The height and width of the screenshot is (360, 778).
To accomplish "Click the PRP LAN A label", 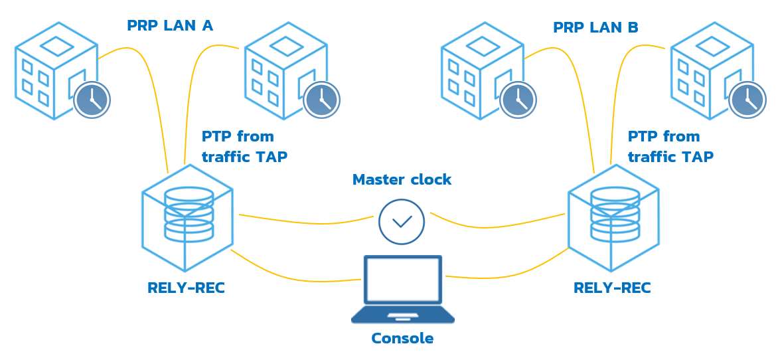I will [x=170, y=26].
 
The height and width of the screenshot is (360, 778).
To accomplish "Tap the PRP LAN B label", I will [x=595, y=28].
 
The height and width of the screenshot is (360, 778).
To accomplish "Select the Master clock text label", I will [x=402, y=179].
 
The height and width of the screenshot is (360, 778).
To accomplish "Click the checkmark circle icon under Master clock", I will [x=402, y=221].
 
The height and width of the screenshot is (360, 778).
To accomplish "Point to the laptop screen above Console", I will [x=402, y=279].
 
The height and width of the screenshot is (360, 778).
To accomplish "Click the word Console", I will [x=402, y=338].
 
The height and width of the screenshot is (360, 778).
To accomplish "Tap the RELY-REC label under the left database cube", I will [x=186, y=288].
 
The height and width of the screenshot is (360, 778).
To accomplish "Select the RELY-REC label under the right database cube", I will [x=612, y=288].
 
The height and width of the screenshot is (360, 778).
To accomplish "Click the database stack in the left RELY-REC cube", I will [x=189, y=214].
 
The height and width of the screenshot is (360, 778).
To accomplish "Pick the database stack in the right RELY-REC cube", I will [x=615, y=214].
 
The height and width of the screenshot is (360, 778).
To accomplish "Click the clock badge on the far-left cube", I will [x=92, y=100].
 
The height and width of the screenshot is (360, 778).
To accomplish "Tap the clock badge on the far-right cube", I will [x=747, y=100].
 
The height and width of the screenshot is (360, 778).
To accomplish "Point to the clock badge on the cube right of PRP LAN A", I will [x=321, y=100].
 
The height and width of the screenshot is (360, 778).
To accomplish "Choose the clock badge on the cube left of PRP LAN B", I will [x=518, y=100].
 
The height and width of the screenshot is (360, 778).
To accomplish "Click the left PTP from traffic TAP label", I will [x=244, y=147].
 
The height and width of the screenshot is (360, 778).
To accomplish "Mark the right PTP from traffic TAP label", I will [x=670, y=147].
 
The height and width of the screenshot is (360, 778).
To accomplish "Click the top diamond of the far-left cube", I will [x=57, y=46].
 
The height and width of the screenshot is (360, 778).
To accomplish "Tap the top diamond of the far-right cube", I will [x=712, y=46].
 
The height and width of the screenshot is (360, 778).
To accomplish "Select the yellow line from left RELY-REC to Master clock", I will [x=305, y=219].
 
